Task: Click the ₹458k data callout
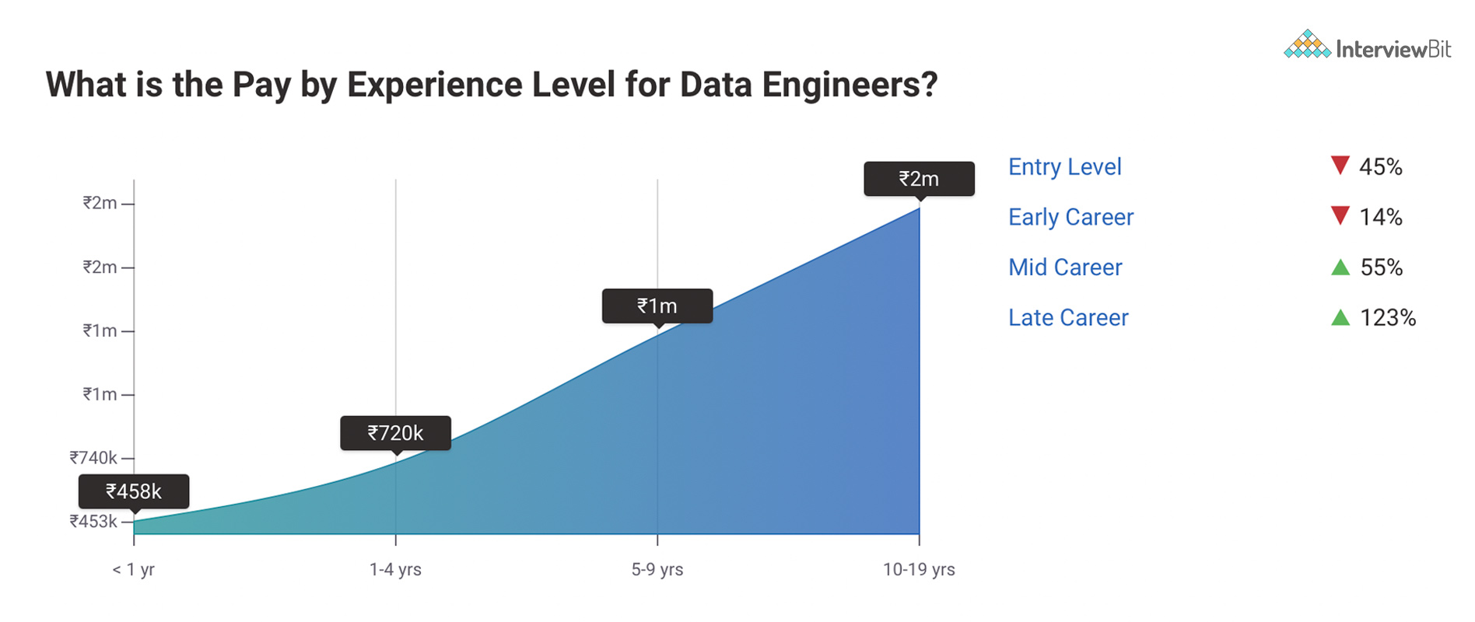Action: (134, 491)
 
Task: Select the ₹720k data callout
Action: (395, 433)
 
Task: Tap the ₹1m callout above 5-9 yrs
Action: (657, 306)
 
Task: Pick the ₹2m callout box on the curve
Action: (919, 179)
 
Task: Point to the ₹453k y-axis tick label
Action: (93, 521)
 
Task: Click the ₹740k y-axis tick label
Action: (93, 457)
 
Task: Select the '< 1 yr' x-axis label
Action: (134, 569)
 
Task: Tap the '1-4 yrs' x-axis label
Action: (395, 569)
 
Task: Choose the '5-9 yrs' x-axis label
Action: (657, 569)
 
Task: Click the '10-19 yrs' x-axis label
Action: (919, 569)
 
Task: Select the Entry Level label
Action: (1064, 166)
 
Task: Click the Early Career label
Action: (1070, 217)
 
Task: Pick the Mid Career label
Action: (1065, 267)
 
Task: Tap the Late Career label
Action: (1068, 317)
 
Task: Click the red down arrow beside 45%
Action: (1340, 165)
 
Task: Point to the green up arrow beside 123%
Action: (1340, 317)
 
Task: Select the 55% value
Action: (1381, 267)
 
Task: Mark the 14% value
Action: (1380, 217)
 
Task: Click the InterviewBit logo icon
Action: (1307, 45)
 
